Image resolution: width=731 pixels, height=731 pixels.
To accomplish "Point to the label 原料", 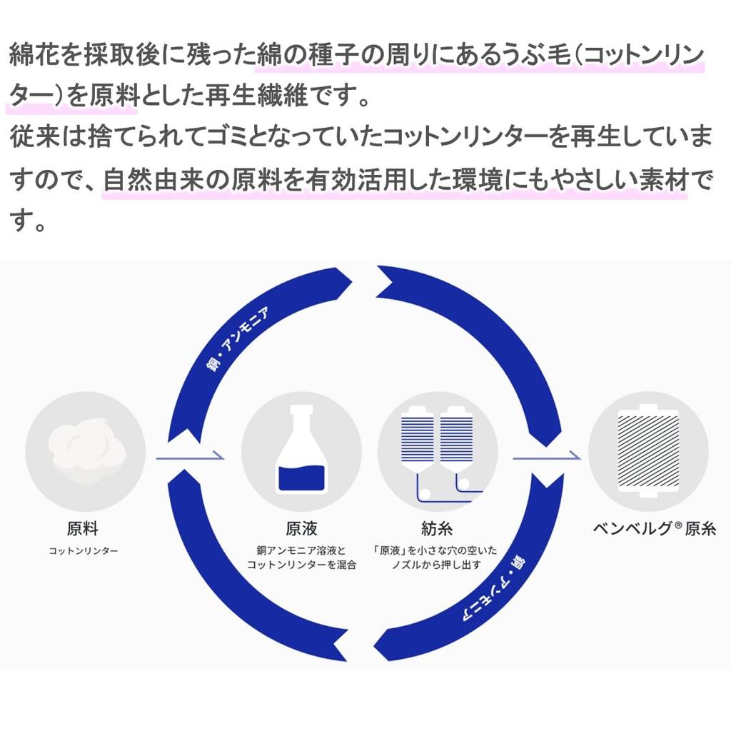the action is (83, 529).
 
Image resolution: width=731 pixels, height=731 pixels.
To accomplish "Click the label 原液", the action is (302, 529).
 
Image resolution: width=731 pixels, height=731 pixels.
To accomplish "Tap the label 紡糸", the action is (437, 529).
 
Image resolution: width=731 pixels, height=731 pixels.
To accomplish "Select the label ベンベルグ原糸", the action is (655, 529).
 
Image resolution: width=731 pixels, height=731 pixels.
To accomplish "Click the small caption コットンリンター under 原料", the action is (84, 551).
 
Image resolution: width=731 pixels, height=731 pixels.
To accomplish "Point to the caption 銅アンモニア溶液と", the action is (301, 550).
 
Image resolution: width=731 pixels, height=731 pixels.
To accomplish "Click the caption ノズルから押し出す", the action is (436, 565).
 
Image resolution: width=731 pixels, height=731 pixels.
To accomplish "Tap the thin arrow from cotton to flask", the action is (190, 457).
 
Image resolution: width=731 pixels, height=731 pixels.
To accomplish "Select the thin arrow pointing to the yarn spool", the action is (547, 457).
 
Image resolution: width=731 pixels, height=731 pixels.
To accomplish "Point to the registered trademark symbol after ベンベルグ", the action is (678, 525).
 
